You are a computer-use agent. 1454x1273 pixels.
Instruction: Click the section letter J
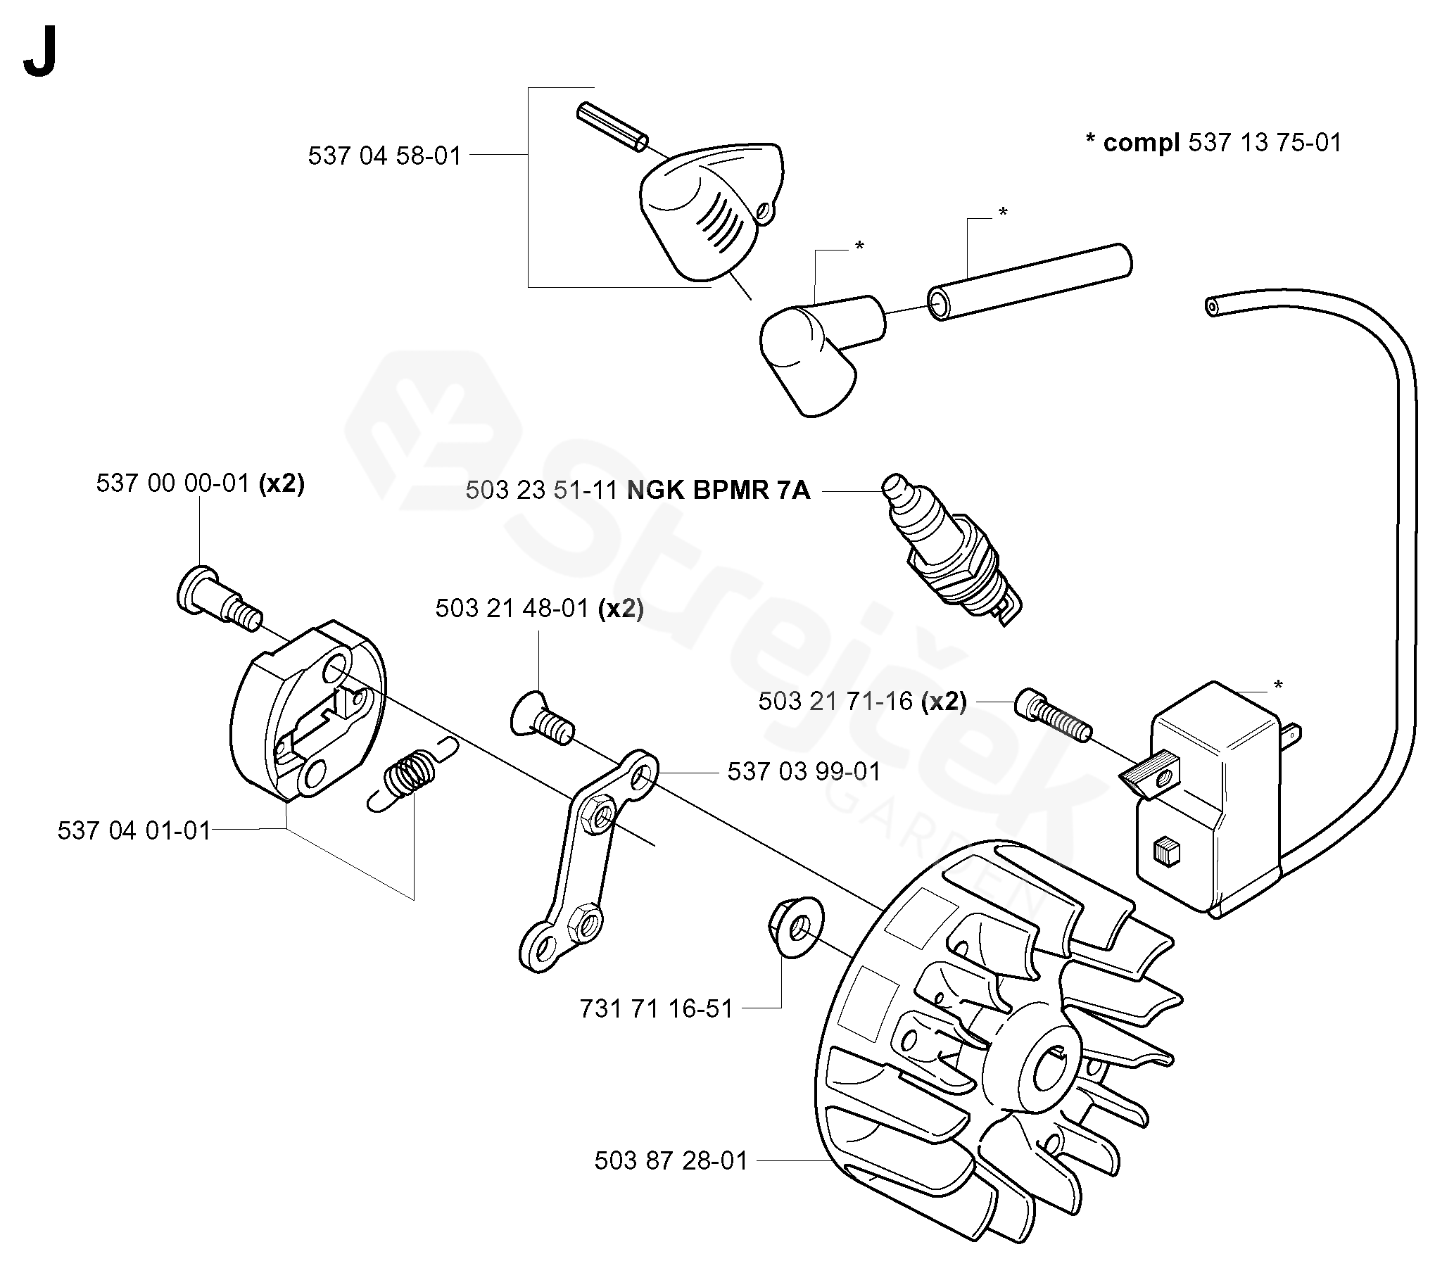40,56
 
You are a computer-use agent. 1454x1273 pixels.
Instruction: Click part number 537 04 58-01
384,156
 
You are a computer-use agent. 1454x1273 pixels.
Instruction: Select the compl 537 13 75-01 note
1214,143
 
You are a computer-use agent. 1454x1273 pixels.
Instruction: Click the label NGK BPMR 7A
718,491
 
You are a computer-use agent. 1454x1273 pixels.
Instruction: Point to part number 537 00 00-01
172,483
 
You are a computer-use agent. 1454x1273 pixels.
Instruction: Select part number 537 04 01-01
134,830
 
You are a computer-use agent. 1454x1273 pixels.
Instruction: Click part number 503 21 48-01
512,609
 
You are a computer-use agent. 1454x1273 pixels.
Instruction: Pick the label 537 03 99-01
803,771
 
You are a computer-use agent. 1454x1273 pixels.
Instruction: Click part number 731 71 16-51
656,1008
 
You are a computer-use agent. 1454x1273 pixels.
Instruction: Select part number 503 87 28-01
671,1162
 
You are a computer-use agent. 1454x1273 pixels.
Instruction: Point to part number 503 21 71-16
835,702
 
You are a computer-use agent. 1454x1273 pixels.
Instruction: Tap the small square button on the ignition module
1165,849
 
